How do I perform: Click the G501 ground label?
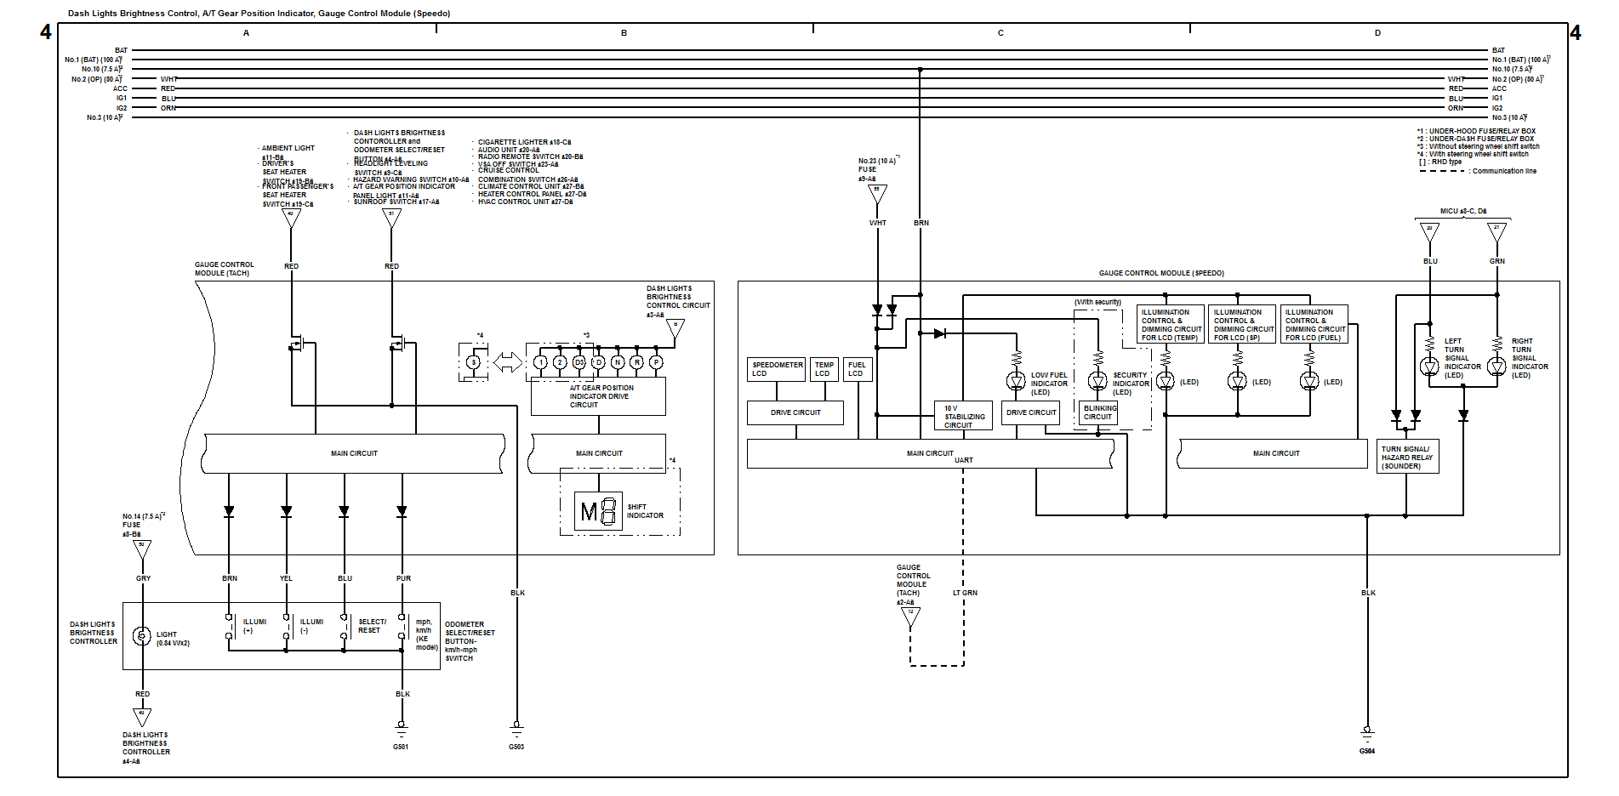(x=400, y=747)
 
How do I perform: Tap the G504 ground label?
(x=1366, y=751)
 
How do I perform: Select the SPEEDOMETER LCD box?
(x=777, y=369)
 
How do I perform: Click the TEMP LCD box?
(x=824, y=369)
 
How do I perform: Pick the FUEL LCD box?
(x=857, y=369)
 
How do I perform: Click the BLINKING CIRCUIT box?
(x=1099, y=412)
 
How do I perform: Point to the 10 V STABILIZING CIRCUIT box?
(x=963, y=416)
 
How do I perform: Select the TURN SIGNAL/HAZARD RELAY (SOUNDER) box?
(x=1407, y=457)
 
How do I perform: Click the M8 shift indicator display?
(x=598, y=511)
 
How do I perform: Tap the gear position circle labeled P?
(x=656, y=362)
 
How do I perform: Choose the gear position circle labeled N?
(x=618, y=362)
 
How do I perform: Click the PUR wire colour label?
(x=403, y=578)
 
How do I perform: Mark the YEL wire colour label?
(x=286, y=578)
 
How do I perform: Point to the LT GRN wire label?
(x=965, y=593)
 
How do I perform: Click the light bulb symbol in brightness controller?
(x=142, y=635)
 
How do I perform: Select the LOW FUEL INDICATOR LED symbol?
(x=1016, y=381)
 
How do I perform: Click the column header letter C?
(x=1000, y=33)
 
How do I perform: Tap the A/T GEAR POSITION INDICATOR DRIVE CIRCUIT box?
(x=598, y=396)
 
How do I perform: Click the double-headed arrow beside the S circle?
(x=508, y=362)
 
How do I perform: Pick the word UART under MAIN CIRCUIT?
(x=963, y=460)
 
